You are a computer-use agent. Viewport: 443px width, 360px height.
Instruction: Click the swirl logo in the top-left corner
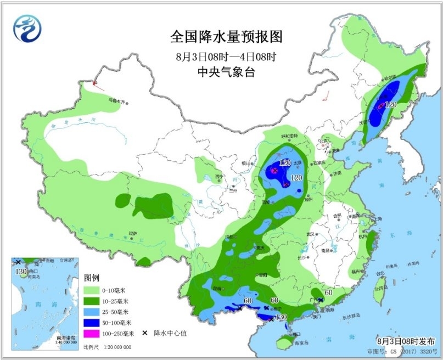click(x=28, y=27)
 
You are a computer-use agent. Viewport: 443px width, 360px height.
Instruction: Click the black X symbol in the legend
click(x=144, y=333)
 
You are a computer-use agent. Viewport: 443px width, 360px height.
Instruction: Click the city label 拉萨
click(x=132, y=233)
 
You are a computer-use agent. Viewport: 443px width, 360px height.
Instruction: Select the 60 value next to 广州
click(x=328, y=292)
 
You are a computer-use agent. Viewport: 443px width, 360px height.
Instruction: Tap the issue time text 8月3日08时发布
click(x=407, y=340)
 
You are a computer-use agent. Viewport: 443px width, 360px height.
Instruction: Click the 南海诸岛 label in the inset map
click(x=65, y=338)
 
